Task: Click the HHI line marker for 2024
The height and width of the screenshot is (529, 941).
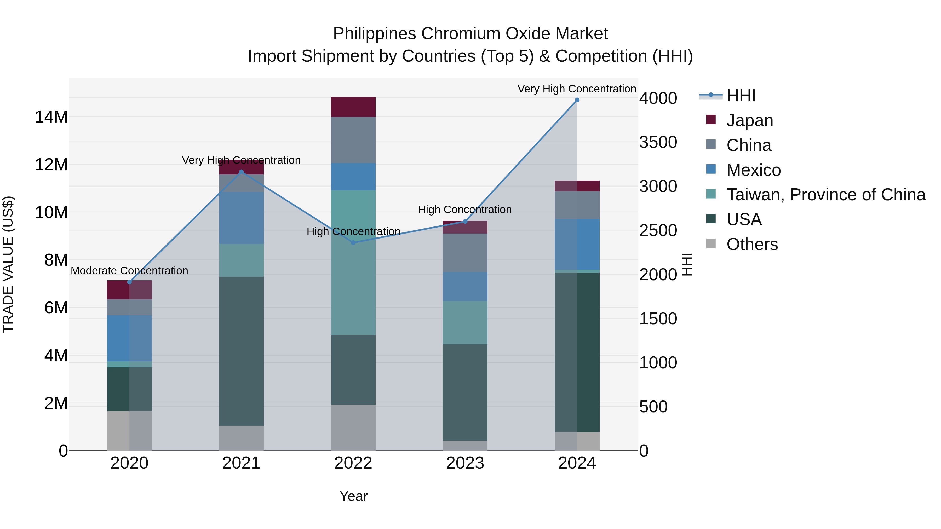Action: point(577,100)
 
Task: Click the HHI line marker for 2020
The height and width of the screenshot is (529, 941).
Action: point(129,282)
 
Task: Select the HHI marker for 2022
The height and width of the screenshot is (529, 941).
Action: point(353,243)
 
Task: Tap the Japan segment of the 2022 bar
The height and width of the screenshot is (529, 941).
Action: point(353,107)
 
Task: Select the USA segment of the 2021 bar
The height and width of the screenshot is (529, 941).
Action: point(241,351)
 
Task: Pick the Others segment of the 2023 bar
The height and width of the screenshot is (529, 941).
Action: point(465,445)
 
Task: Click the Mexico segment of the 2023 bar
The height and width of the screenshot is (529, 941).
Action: point(465,286)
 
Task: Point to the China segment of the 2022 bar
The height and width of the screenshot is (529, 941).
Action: point(353,140)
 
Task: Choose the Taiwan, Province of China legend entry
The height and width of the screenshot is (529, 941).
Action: point(825,195)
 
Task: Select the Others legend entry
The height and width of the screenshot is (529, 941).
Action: point(752,244)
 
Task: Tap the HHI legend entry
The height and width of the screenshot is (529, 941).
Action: point(741,96)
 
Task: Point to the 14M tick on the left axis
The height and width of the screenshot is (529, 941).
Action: point(51,117)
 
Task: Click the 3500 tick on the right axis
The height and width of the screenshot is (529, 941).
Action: point(658,142)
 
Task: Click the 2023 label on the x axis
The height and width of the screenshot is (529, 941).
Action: point(465,463)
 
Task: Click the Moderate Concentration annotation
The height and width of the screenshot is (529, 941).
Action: point(129,271)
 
